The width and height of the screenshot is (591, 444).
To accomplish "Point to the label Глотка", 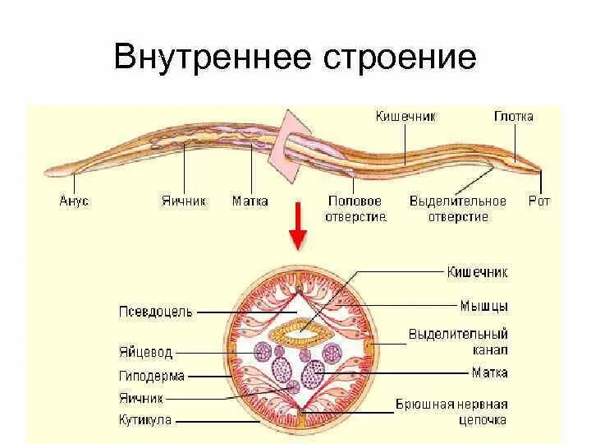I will [x=514, y=116].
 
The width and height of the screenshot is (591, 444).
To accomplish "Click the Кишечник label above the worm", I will [x=405, y=116].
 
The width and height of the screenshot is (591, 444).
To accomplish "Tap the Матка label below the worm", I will [x=250, y=201].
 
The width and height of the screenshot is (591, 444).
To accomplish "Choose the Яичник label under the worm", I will [x=183, y=201].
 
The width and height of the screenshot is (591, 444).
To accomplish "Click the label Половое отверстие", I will [x=355, y=209].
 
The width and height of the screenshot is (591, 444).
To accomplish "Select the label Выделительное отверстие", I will [x=448, y=209].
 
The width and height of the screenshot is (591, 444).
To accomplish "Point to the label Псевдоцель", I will [x=156, y=312].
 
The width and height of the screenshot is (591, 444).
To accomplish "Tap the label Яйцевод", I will [x=145, y=352].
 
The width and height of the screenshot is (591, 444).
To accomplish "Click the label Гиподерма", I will [x=151, y=377].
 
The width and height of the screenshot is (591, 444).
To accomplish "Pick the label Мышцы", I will [x=483, y=306].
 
